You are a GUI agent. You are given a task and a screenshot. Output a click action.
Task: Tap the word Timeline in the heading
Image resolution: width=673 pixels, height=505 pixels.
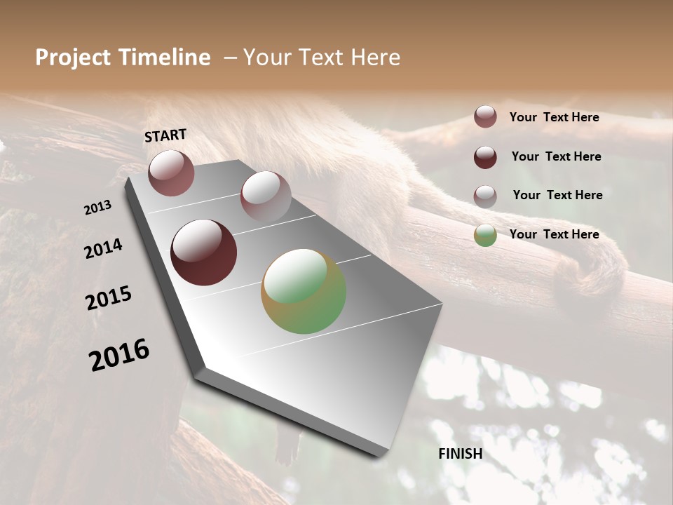[165, 58]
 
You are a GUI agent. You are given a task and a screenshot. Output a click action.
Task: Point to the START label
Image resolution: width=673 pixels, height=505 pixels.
[165, 135]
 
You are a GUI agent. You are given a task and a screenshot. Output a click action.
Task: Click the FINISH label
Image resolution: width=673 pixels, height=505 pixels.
[461, 454]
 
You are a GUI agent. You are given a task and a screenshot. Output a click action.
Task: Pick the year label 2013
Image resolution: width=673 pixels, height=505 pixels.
[97, 208]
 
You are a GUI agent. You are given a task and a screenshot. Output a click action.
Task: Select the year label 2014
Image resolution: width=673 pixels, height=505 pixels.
[103, 248]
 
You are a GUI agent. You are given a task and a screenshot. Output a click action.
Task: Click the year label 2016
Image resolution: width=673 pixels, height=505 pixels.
[119, 356]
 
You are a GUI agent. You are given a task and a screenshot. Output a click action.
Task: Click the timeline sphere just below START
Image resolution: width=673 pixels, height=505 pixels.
[171, 173]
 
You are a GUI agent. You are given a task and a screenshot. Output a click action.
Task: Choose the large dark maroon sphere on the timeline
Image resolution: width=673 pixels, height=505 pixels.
[203, 252]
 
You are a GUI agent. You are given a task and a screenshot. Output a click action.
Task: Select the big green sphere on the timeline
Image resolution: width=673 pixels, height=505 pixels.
[304, 291]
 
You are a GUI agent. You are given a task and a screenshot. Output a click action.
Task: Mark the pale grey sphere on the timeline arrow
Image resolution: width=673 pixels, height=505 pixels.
[266, 196]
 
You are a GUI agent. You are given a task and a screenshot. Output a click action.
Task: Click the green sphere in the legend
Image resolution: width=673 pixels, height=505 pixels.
[485, 235]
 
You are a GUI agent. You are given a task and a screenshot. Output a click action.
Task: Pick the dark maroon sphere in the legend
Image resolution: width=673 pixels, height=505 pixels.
[485, 157]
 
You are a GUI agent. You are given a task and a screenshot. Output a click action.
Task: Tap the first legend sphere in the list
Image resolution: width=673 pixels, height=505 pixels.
[485, 116]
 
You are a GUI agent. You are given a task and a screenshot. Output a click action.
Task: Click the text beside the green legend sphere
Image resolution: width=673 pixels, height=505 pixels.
[554, 234]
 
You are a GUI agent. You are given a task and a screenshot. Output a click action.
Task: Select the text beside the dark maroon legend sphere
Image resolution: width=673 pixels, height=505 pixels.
[556, 156]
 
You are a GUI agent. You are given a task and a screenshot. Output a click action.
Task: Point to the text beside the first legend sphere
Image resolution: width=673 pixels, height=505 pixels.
[554, 117]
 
